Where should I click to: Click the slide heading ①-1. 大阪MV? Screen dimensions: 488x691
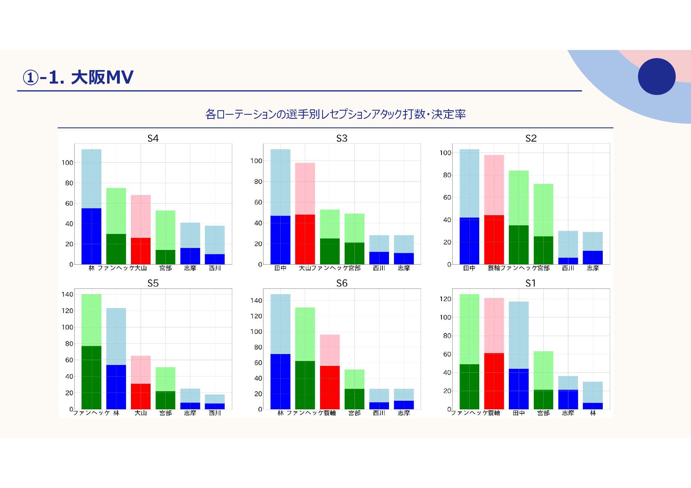(78, 77)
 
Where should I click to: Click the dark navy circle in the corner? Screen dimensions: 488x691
(657, 77)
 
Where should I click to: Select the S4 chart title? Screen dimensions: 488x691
(153, 138)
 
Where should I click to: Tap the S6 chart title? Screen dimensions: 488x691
(341, 283)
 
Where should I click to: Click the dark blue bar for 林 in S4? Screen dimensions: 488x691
(91, 236)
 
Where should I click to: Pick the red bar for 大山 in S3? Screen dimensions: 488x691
(305, 239)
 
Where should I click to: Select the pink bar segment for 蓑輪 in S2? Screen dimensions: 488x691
(494, 185)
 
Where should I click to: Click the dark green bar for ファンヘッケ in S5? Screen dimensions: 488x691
(91, 377)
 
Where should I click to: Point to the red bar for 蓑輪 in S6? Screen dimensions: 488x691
(329, 387)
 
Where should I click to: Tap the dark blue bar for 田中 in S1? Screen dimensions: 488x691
(519, 389)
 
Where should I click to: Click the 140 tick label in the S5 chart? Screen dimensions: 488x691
(67, 294)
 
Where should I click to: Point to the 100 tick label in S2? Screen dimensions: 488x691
(445, 153)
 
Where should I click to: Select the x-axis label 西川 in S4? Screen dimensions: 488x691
(215, 268)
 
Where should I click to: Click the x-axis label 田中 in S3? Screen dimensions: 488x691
(280, 268)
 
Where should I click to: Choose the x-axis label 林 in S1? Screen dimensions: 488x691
(593, 413)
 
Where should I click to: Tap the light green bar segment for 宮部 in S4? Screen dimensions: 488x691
(165, 230)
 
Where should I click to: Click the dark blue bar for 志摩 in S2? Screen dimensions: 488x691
(593, 257)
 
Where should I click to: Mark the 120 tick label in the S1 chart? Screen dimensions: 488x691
(445, 299)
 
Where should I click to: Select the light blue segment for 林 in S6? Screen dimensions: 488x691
(280, 324)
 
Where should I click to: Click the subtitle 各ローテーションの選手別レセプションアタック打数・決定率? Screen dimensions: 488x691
(335, 114)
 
